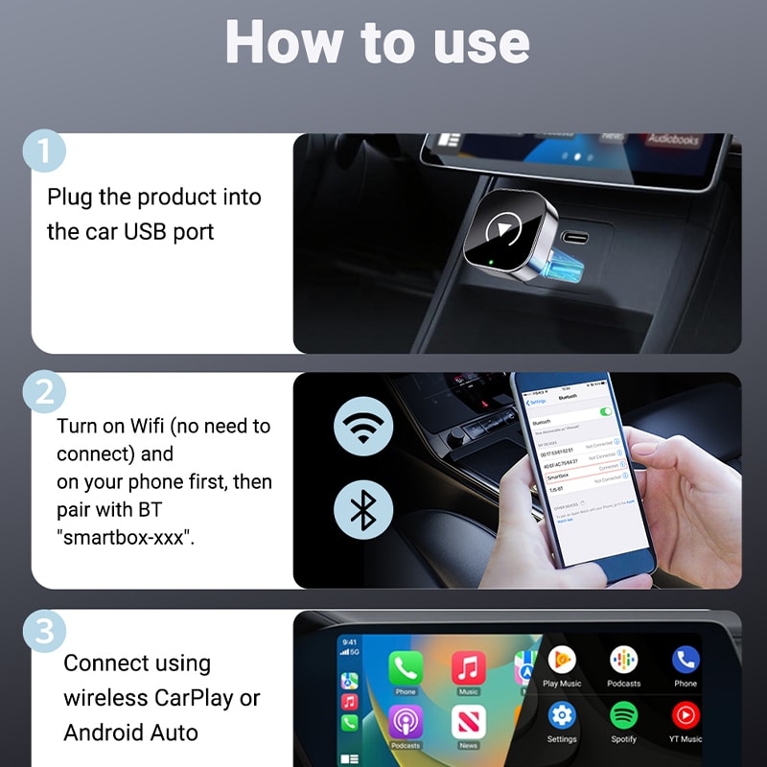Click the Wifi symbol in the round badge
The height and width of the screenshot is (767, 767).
(362, 426)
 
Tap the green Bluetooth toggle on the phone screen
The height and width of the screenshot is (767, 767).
(605, 411)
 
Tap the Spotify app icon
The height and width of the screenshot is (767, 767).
(623, 715)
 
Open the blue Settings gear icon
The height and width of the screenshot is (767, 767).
(562, 715)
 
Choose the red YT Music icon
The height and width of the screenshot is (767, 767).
(686, 715)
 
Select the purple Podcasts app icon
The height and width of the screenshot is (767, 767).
(406, 721)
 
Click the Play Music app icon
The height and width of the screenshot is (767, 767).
(562, 661)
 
